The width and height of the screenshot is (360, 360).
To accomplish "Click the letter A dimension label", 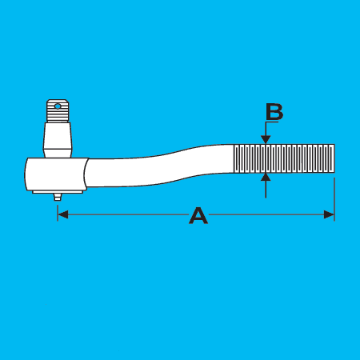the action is pos(198,215).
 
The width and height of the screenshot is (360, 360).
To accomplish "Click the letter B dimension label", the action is pos(274,112).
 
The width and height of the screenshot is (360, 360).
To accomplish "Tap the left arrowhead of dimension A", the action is pos(63,214).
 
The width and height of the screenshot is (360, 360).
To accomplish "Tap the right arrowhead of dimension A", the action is pos(329,214).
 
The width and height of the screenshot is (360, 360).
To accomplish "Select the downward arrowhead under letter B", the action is pos(266,139).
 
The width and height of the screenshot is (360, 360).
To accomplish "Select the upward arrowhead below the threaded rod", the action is pos(266,177).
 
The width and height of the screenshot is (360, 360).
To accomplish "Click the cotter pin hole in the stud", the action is pos(58,106).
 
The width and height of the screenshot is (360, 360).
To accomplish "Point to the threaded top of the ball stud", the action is pos(58,111).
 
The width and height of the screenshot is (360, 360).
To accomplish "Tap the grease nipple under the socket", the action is pos(58,197).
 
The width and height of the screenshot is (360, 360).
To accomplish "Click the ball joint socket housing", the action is pos(56,174).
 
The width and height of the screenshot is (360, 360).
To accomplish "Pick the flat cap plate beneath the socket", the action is pos(58,192).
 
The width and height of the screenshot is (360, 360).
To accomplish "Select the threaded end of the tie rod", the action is pos(284,158).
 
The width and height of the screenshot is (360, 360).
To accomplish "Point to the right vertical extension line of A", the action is pos(334,199).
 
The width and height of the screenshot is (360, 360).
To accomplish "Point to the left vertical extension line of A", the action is pos(58,213).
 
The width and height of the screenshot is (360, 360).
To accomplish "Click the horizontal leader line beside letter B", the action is pos(272,122).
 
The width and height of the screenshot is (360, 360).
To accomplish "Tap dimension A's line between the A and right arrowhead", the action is pos(266,214).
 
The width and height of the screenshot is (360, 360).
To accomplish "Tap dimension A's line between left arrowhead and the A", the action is pos(128,214).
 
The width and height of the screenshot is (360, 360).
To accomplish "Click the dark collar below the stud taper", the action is pos(58,153).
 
